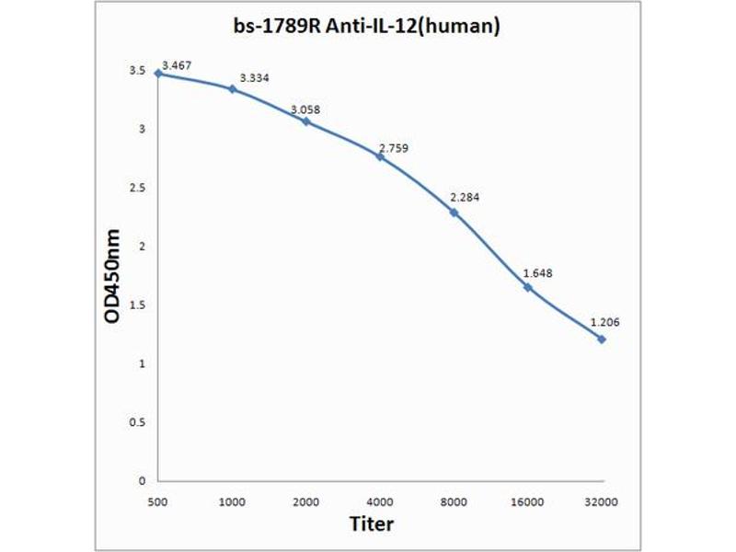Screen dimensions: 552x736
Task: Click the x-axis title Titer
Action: [x=372, y=524]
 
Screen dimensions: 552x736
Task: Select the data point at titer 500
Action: [x=158, y=73]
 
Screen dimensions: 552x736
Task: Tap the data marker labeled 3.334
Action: [x=233, y=88]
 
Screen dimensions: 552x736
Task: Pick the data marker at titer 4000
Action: [x=380, y=156]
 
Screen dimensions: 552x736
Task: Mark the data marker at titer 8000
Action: [x=454, y=213]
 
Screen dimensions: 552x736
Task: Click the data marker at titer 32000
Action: [x=602, y=339]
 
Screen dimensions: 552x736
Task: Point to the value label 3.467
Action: [x=177, y=64]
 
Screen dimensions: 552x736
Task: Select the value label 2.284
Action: [x=465, y=197]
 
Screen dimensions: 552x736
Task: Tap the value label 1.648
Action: [x=538, y=272]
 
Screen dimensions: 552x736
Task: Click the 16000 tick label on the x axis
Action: [x=527, y=501]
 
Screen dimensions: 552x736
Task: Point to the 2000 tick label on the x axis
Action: [x=306, y=501]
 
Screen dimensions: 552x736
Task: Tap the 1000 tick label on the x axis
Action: [x=233, y=501]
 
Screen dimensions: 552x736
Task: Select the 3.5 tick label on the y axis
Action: [x=138, y=70]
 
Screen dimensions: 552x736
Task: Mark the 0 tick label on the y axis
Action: [x=143, y=480]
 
